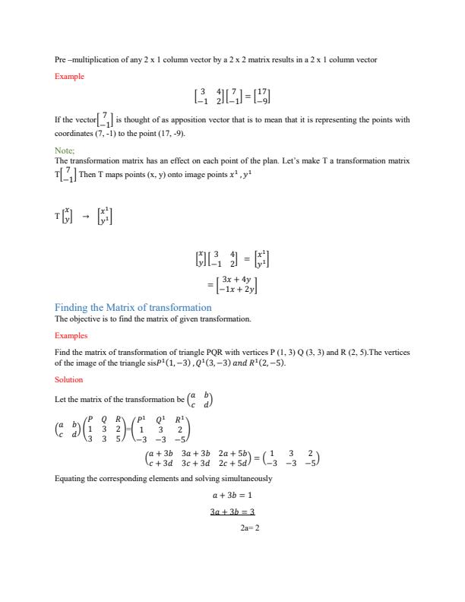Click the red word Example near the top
(69, 77)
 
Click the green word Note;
(65, 151)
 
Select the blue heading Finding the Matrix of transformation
(133, 307)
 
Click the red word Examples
(71, 335)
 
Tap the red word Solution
(69, 379)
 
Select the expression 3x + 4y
(237, 278)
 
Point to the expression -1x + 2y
(237, 289)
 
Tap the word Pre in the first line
(60, 59)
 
